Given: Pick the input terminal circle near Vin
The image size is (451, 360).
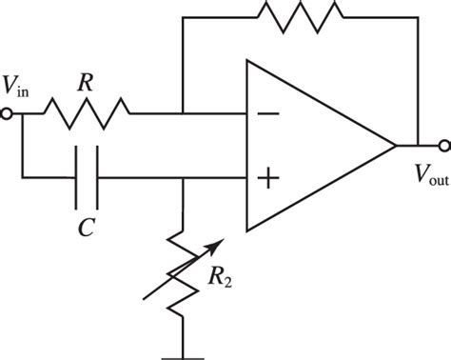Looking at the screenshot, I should point(8,115).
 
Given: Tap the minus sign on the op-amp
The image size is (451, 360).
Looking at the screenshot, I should point(269,114).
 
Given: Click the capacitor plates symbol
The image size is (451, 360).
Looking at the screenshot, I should point(89,178).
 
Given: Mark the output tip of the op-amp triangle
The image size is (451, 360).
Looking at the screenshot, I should point(395,146).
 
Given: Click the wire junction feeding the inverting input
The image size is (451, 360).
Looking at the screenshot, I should point(183,115).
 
